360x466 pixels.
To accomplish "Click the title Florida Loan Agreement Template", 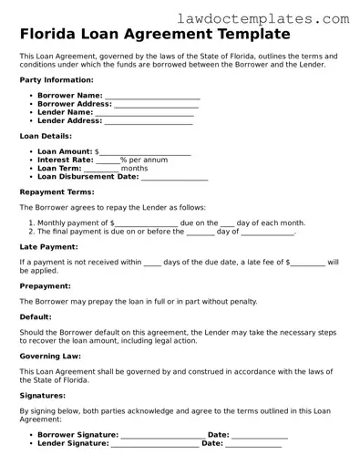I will (155, 35).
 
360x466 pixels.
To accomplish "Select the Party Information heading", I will (56, 79).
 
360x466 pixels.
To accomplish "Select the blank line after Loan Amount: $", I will (145, 152).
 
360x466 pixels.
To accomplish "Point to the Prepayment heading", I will (46, 285).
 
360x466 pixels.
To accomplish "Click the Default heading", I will (36, 316).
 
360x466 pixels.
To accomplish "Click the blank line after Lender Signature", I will (154, 445).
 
